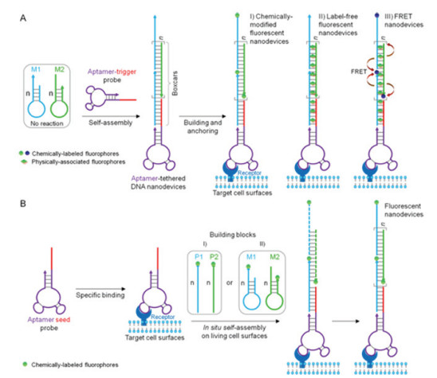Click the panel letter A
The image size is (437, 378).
(x=23, y=18)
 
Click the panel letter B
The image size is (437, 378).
(x=23, y=204)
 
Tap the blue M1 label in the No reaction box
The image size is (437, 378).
(x=36, y=69)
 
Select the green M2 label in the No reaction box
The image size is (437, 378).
(x=59, y=69)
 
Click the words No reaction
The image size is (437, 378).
(x=47, y=123)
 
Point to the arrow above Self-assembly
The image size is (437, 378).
(x=111, y=116)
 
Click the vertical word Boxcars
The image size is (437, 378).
(x=175, y=84)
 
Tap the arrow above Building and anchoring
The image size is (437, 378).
(x=203, y=116)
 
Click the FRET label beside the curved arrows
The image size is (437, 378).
(x=359, y=72)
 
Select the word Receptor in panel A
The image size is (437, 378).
(x=250, y=173)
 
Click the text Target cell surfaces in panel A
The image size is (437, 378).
(x=242, y=193)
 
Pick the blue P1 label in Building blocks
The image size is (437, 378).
(x=199, y=257)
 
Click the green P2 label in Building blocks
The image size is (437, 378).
(x=214, y=257)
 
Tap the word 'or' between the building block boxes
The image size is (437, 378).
(x=230, y=283)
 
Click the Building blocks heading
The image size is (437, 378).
(x=233, y=235)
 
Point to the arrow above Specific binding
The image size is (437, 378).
(x=100, y=289)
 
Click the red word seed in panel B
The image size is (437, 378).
(x=63, y=320)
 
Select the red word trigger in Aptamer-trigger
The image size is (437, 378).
(x=126, y=72)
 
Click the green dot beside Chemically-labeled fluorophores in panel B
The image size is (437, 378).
(x=26, y=364)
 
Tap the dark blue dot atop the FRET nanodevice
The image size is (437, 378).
(x=377, y=16)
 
